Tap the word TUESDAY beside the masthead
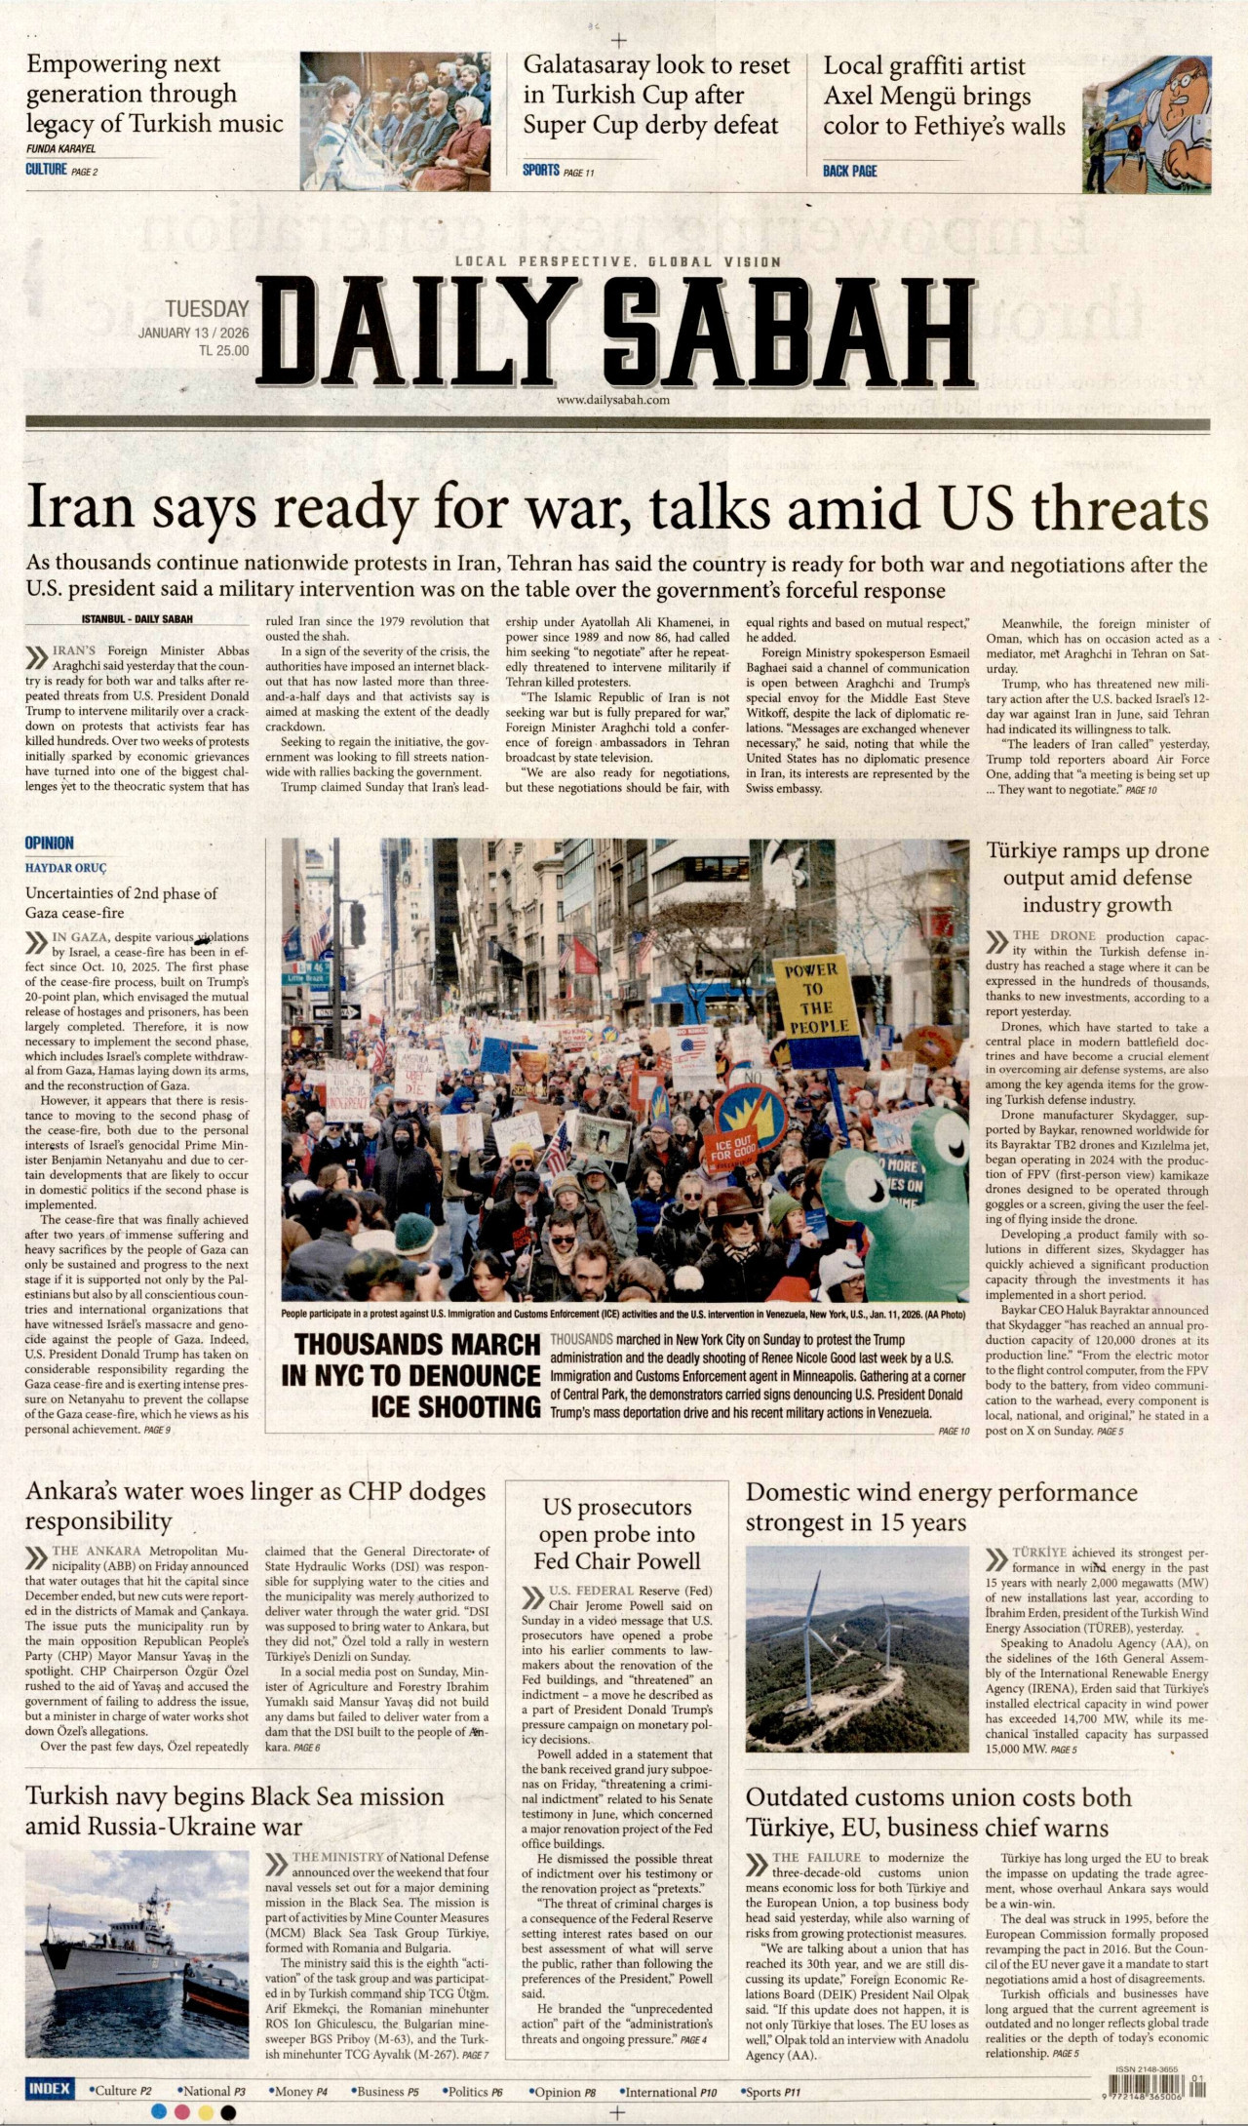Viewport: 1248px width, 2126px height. (x=207, y=309)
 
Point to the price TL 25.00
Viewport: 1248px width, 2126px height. (x=223, y=351)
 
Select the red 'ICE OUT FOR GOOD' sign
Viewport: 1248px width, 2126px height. (x=732, y=1149)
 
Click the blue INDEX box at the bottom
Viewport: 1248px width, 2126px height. (x=49, y=2088)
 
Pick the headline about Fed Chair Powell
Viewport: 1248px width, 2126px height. (x=618, y=1534)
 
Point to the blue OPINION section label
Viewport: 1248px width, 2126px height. (x=50, y=843)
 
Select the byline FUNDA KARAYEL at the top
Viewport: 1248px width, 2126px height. (x=60, y=149)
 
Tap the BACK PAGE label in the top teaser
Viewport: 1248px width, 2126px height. (x=849, y=171)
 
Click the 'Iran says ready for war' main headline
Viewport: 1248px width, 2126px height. (x=616, y=508)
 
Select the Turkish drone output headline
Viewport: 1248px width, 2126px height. (x=1097, y=878)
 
